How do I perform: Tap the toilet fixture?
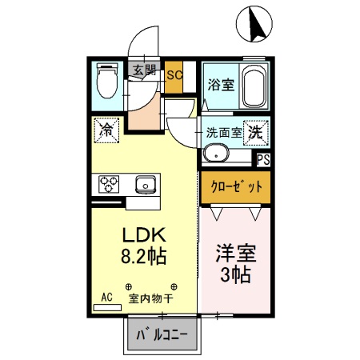[x=106, y=82]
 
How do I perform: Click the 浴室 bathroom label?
[x=222, y=84]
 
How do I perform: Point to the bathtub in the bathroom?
[x=254, y=88]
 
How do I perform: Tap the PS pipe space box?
[x=263, y=159]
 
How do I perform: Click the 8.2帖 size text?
[x=143, y=258]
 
